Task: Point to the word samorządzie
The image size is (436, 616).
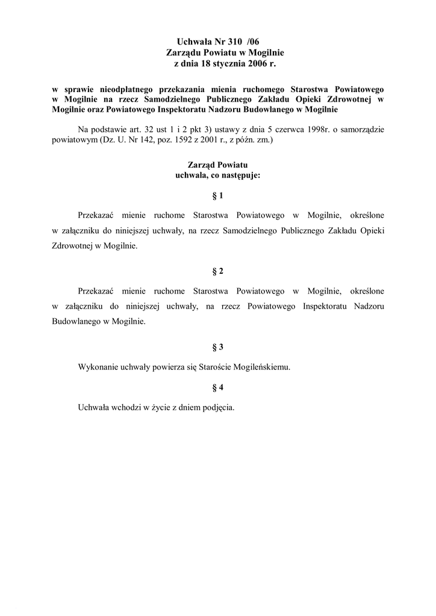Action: point(364,129)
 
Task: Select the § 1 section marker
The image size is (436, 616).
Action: point(218,196)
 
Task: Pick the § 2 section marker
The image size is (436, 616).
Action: point(218,271)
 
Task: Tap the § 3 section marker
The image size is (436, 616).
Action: point(218,347)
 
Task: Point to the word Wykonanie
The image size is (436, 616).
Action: point(98,366)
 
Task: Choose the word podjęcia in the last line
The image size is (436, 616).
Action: point(214,406)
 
